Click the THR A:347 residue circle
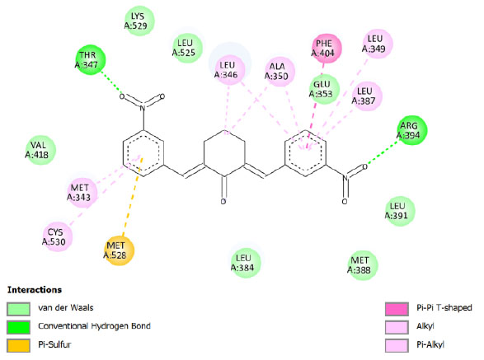pos(91,60)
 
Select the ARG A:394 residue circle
pos(411,130)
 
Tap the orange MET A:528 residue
pos(120,250)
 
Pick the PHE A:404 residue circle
pos(327,49)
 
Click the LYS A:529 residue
pos(139,21)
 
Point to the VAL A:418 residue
pos(40,150)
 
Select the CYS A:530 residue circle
pos(58,236)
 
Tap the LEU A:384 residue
pos(246,263)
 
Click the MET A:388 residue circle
pos(363,265)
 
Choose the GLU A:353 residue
pos(324,89)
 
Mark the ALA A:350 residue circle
pos(280,72)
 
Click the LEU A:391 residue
pos(399,211)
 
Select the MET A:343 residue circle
pos(82,193)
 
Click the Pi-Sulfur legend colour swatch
pos(18,345)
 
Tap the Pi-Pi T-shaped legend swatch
pos(397,309)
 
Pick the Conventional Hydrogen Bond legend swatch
pos(18,327)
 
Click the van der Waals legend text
pos(66,307)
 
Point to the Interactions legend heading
pos(35,290)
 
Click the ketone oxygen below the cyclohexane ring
pos(223,202)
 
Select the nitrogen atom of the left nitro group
pos(143,107)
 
